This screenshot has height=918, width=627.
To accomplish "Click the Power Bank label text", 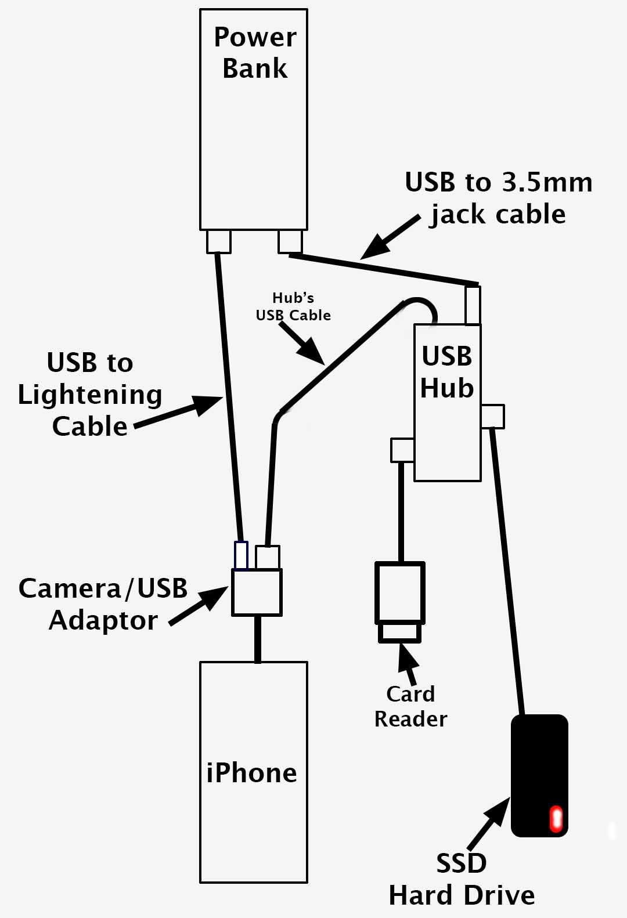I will [254, 52].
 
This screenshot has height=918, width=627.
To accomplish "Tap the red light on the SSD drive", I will [556, 819].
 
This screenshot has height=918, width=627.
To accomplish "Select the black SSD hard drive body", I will [539, 766].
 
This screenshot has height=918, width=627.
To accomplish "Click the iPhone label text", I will [251, 773].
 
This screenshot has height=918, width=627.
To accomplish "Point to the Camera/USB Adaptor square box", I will [257, 592].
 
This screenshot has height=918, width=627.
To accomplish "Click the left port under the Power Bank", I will [219, 241].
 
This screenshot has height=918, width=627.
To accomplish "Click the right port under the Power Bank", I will [290, 241].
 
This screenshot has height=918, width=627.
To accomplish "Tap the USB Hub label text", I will [446, 372].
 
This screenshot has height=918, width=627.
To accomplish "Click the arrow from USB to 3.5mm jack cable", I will [389, 238].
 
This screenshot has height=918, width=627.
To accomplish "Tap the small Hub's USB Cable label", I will [293, 306].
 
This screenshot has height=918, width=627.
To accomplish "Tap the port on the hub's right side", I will [493, 416].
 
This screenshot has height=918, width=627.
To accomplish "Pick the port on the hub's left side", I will [402, 450].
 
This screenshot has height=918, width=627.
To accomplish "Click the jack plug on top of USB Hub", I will [473, 304].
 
